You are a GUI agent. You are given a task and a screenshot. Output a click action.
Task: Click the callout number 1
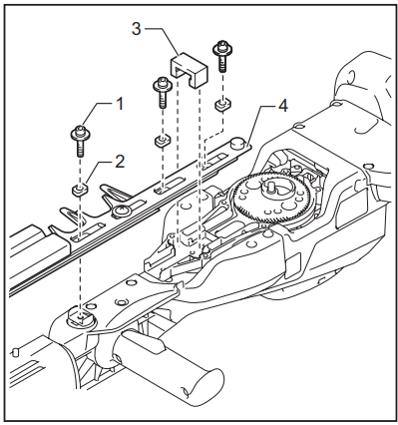(x=120, y=103)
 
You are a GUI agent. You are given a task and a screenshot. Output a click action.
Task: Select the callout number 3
(x=137, y=29)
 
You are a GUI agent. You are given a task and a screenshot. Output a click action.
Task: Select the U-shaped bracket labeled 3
(x=186, y=69)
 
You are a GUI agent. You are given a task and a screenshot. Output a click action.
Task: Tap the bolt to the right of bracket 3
(x=220, y=57)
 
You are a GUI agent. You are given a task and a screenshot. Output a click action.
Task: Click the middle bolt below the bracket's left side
(x=160, y=93)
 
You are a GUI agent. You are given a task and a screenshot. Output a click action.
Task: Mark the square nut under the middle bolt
(x=160, y=141)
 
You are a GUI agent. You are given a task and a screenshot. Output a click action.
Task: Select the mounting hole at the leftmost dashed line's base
(x=78, y=318)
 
